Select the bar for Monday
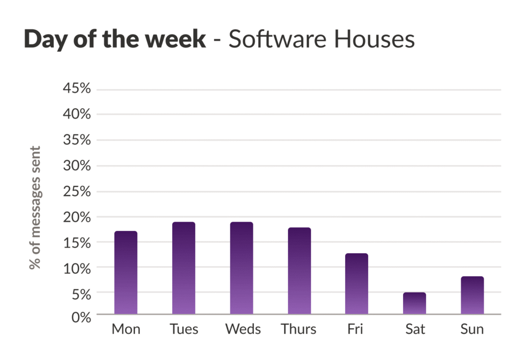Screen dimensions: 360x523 tap(126, 273)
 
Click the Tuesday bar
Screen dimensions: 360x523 tap(183, 268)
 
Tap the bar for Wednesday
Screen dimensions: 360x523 tap(241, 268)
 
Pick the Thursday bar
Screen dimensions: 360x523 tap(299, 271)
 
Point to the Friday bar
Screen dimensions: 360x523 tap(356, 284)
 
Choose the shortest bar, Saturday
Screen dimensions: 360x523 tap(414, 303)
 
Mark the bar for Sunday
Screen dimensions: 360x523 tap(472, 295)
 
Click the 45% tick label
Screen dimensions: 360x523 tap(77, 89)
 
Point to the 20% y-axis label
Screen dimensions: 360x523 tap(77, 217)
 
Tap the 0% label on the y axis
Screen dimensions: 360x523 tap(81, 318)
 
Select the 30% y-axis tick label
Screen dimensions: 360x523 tap(77, 166)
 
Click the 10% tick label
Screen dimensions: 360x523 tap(77, 268)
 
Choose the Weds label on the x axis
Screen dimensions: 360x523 tap(243, 329)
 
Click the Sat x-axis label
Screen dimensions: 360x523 tap(415, 329)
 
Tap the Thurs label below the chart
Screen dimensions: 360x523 tap(299, 329)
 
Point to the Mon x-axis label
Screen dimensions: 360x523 tap(126, 329)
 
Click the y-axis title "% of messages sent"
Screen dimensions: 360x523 tap(35, 207)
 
